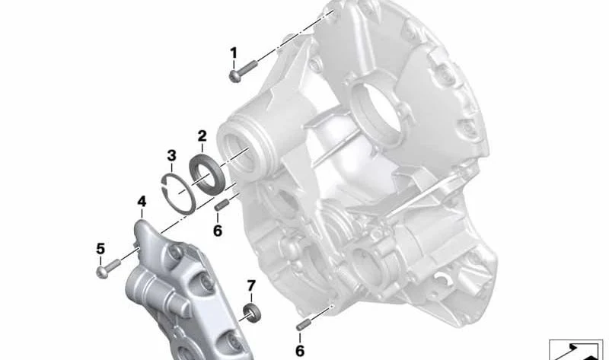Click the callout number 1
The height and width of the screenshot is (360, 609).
234,53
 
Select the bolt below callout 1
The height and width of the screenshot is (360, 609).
243,71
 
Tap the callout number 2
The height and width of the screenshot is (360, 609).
202,136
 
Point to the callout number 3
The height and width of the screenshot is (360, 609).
171,155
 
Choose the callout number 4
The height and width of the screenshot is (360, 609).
142,202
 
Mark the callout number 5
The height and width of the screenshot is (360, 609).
100,249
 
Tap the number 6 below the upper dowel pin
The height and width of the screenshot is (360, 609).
218,231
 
